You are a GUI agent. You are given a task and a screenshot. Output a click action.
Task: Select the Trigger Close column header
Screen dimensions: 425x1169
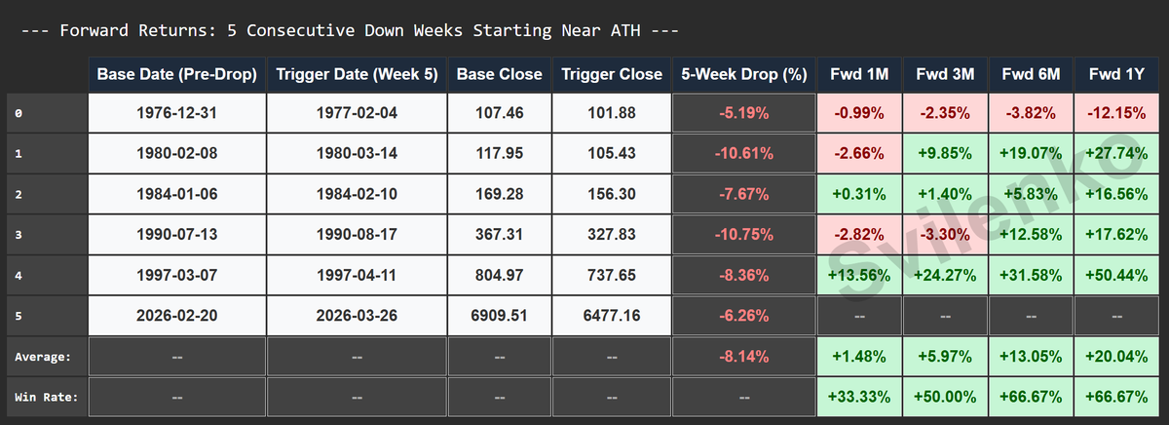612,74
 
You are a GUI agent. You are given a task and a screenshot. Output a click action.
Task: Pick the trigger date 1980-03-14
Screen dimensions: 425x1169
356,153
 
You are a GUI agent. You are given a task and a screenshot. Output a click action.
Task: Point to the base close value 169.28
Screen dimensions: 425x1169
499,194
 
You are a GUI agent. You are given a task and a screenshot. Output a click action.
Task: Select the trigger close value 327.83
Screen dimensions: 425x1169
612,234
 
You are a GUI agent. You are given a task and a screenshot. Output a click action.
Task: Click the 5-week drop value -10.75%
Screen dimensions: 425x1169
745,234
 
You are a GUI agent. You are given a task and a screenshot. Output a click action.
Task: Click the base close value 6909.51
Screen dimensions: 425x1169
499,316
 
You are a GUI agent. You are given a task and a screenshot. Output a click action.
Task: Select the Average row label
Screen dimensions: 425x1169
43,357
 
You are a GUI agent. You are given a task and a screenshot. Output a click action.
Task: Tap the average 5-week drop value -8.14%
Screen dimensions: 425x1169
745,357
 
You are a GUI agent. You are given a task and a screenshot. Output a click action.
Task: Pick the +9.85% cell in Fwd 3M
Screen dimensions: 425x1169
945,153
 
